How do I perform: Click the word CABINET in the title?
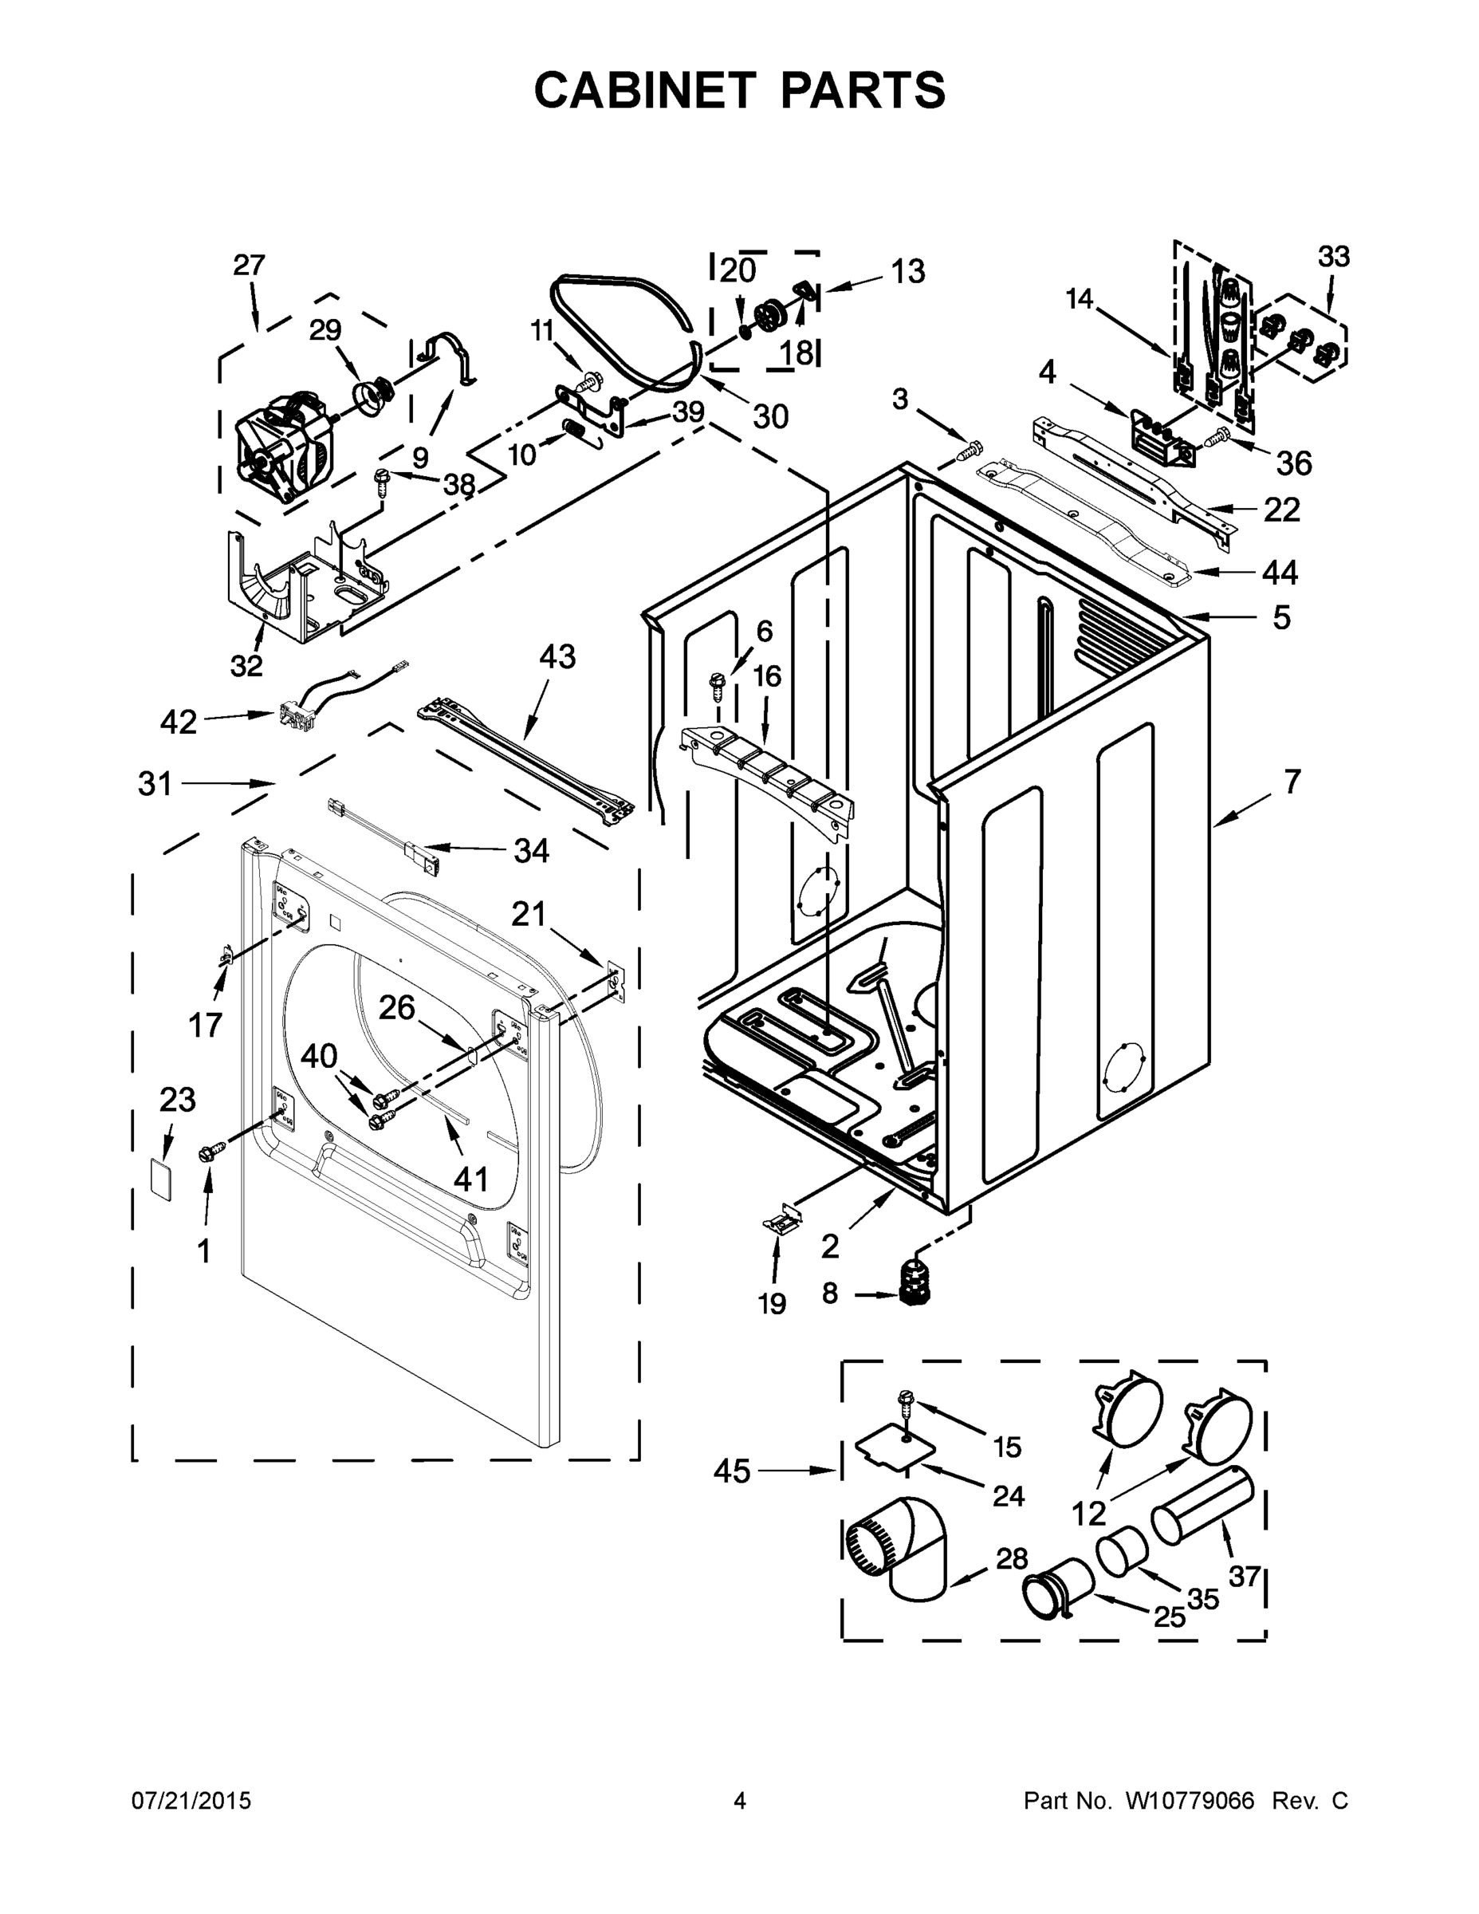[x=644, y=89]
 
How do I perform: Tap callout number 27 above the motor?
[x=249, y=265]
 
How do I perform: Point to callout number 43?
[x=557, y=656]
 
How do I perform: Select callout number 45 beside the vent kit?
[x=732, y=1471]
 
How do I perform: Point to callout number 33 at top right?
[x=1334, y=257]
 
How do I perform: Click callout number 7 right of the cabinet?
[x=1292, y=781]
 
